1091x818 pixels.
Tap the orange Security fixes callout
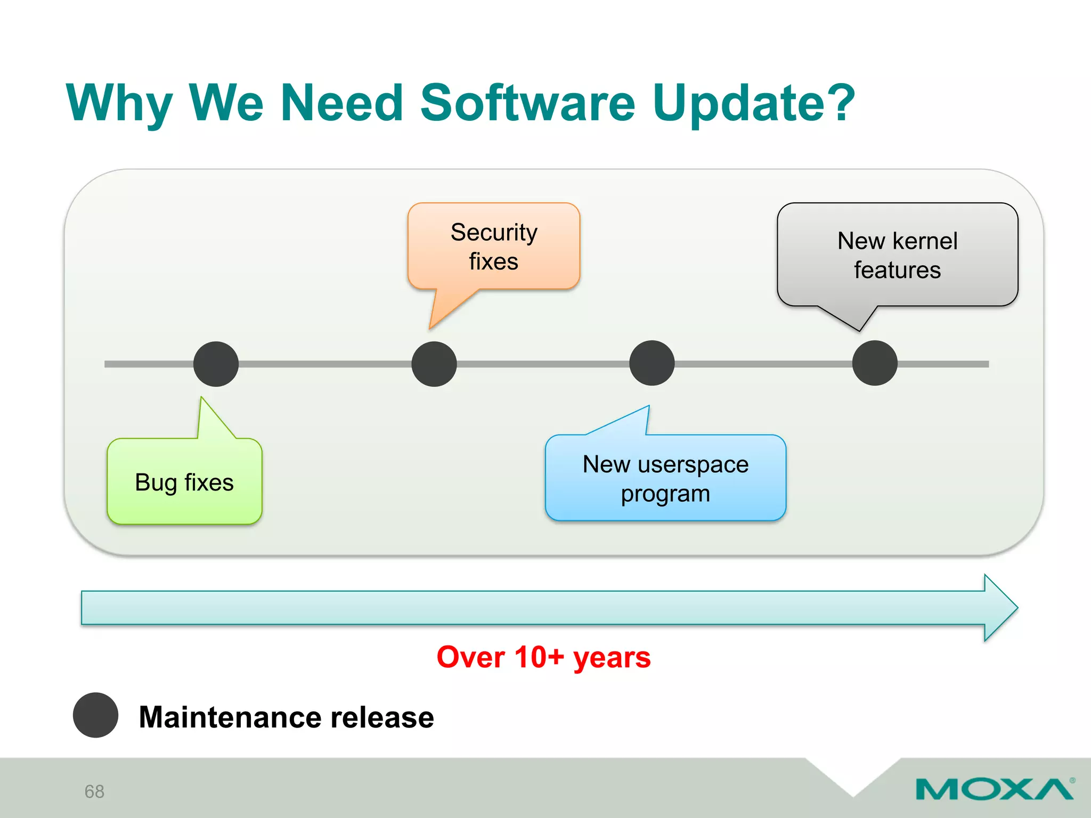[x=494, y=247]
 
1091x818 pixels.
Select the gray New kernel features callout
[x=897, y=255]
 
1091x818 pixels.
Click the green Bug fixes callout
[x=184, y=482]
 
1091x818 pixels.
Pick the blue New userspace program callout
[x=665, y=478]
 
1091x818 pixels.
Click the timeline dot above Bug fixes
[x=216, y=364]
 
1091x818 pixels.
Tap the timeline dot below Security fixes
[x=434, y=364]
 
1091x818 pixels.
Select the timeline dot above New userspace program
[x=652, y=363]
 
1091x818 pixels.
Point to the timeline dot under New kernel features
[x=875, y=363]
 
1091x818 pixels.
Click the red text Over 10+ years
[x=543, y=657]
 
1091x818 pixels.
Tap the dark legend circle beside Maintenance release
[x=95, y=715]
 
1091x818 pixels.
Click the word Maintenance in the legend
[x=230, y=717]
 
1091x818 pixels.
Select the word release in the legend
[x=382, y=717]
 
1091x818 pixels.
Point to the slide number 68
[x=94, y=791]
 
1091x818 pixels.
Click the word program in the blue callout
[x=665, y=494]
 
